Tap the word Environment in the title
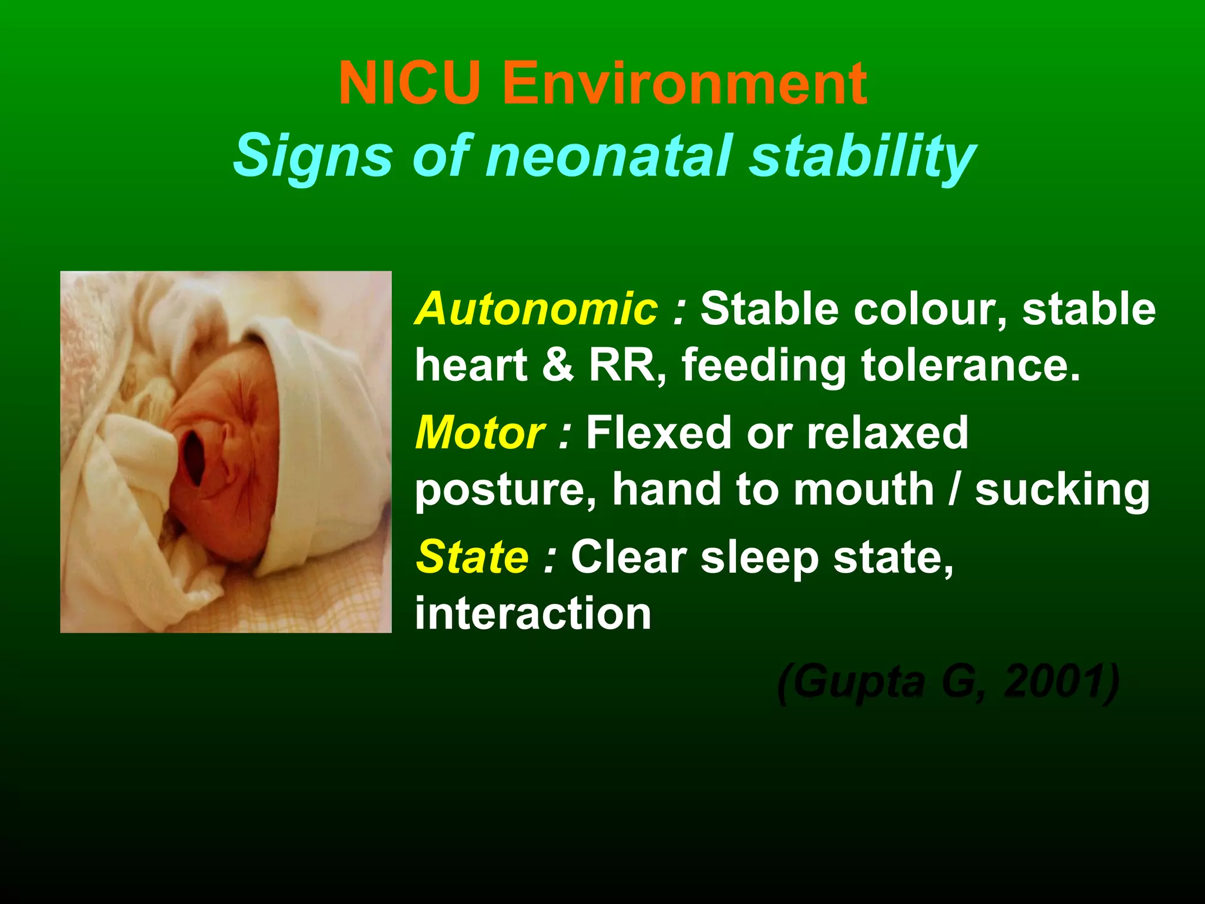684,84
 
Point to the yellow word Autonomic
536,308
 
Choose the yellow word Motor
480,433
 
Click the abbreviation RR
627,365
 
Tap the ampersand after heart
558,365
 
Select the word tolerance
971,365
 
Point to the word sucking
1062,490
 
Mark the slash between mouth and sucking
954,489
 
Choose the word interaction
533,613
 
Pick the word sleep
760,557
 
